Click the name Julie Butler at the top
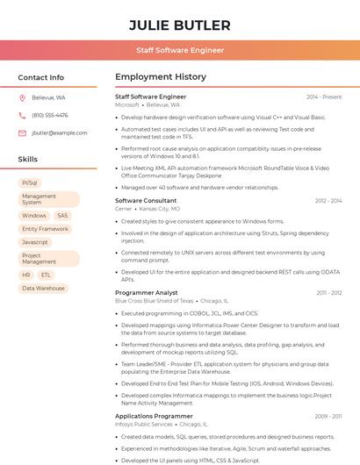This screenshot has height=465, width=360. coord(180,25)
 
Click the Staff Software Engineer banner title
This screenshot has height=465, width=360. coord(180,51)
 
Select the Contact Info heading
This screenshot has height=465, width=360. coord(41,77)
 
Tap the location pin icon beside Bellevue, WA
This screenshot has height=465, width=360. coord(22,97)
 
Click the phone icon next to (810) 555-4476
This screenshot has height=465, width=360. coord(22,115)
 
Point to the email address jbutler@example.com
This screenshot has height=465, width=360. coord(60,132)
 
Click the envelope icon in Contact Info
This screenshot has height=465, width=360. coord(22,132)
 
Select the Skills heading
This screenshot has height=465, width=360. coord(28,160)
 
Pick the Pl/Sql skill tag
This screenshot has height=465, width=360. coord(30,182)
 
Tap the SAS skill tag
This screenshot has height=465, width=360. coord(62,215)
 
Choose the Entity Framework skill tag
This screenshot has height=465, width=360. coord(45,229)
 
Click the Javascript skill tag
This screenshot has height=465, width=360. coord(35,242)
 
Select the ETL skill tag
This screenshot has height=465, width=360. coord(46,275)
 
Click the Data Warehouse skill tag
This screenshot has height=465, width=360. coord(43,288)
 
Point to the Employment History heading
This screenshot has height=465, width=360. coord(161,77)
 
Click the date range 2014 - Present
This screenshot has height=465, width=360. coord(324,97)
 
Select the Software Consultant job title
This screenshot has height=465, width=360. coord(146,201)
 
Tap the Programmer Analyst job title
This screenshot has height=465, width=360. coord(147,293)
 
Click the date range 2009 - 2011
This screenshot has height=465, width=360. coord(328,416)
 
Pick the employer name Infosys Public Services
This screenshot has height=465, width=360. coord(144,424)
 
